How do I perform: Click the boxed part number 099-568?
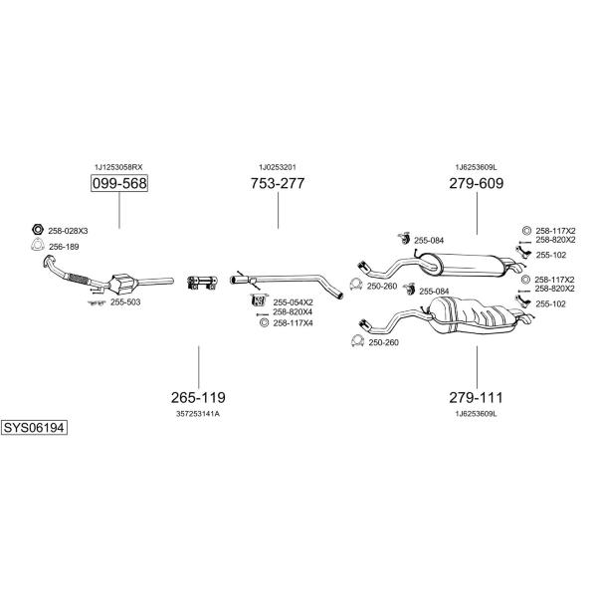click(x=119, y=183)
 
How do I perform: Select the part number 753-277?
click(x=278, y=183)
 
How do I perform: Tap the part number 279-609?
click(x=477, y=183)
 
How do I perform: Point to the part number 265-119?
click(x=198, y=397)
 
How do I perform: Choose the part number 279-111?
click(x=477, y=397)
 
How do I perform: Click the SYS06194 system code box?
click(x=34, y=428)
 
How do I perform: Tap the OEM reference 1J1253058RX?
click(x=118, y=167)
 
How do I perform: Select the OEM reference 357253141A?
click(x=198, y=414)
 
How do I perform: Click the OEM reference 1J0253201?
click(x=278, y=167)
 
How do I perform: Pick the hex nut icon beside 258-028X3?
click(x=37, y=229)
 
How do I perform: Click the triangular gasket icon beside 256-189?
click(x=37, y=245)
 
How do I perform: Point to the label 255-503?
click(x=125, y=302)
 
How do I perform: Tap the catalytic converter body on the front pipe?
click(x=122, y=284)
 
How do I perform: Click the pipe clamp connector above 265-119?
click(x=202, y=283)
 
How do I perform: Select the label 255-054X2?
click(x=293, y=302)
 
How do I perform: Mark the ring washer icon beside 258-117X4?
click(x=264, y=322)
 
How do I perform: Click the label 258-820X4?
click(x=293, y=312)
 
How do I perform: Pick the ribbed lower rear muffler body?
click(x=472, y=314)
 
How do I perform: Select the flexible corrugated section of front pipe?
click(x=79, y=279)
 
